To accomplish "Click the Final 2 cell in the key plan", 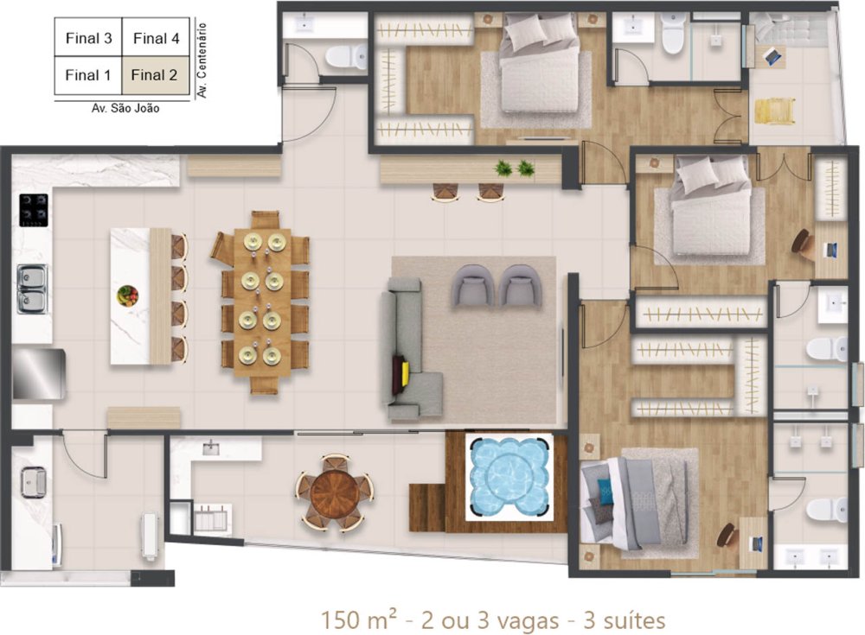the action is (156, 75).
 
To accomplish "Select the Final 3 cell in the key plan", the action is (88, 38).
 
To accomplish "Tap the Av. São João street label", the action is (125, 109).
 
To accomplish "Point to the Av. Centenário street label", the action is (202, 60).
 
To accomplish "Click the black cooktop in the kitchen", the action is (34, 210).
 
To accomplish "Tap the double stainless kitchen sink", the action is (33, 289).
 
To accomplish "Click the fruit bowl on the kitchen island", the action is (127, 295).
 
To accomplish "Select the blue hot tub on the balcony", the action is (508, 477).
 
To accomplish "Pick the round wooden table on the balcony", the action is (335, 492).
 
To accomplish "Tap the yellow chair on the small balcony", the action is (775, 111).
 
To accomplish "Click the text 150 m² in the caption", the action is (358, 619).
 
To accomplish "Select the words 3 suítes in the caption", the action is (624, 620).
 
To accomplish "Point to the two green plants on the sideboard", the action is (514, 168).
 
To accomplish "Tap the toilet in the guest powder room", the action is (346, 56).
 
